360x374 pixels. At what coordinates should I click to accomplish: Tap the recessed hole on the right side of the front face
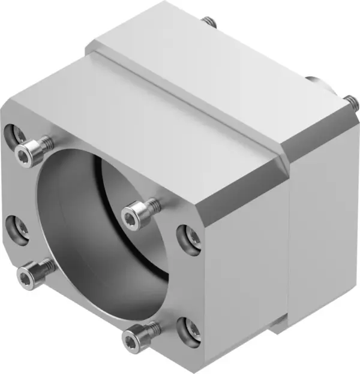[x=191, y=237]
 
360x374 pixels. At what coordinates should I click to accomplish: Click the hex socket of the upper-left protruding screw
[x=23, y=156]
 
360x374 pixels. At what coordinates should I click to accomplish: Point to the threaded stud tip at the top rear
[x=209, y=22]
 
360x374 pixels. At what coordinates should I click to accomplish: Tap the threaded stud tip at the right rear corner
[x=347, y=101]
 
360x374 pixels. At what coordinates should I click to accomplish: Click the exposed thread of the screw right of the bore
[x=154, y=204]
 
